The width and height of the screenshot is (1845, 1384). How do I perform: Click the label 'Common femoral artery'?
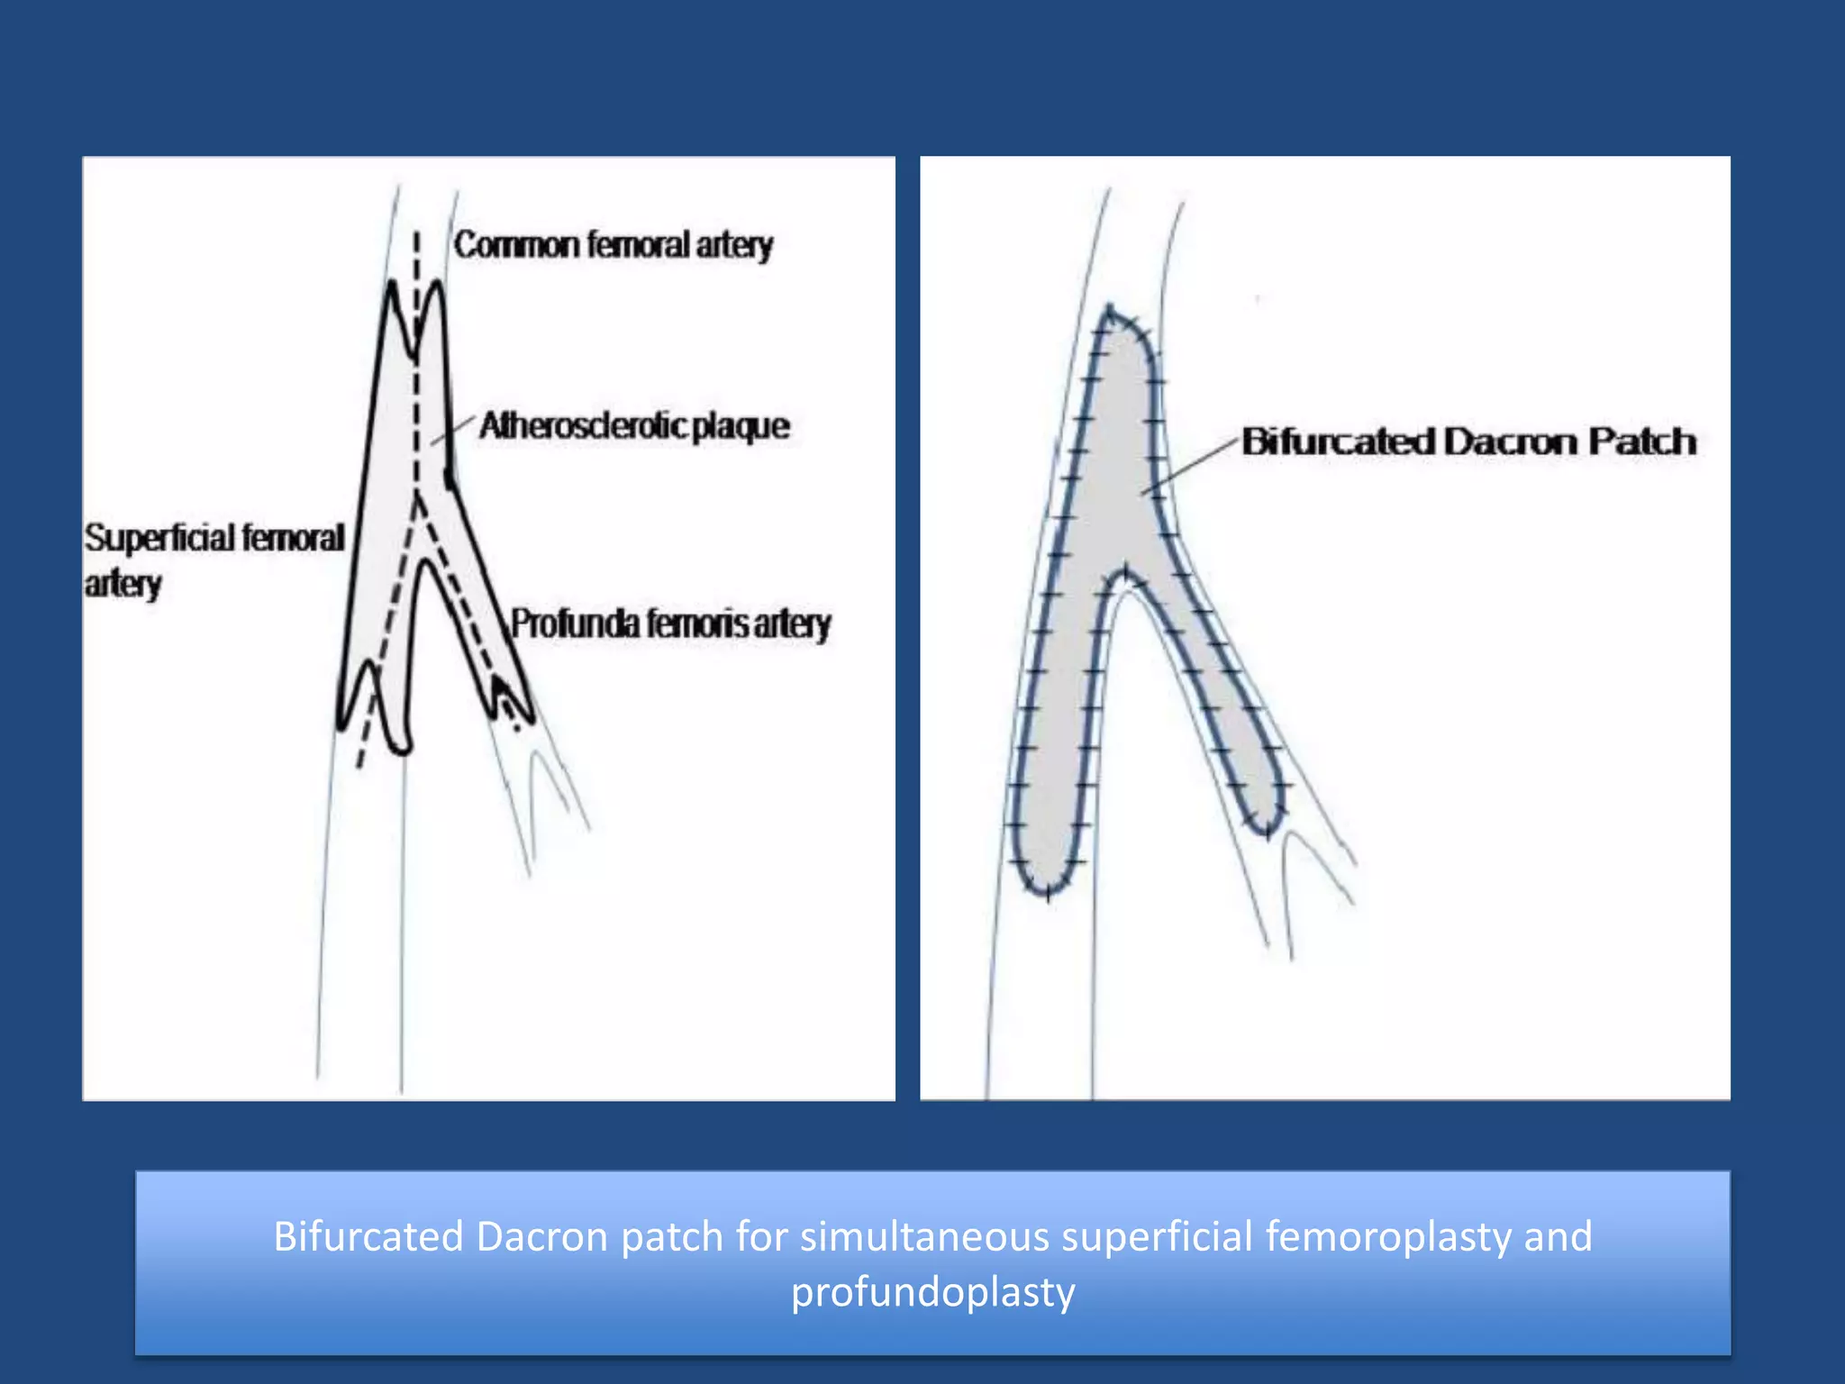click(613, 245)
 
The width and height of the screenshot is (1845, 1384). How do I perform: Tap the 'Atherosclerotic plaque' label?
click(634, 425)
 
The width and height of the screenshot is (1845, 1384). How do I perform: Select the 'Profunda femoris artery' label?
click(670, 624)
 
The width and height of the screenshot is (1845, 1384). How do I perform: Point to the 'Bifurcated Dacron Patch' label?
click(1468, 442)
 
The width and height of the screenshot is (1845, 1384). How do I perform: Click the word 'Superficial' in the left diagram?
click(161, 538)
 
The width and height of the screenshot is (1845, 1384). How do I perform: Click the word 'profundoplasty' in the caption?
click(932, 1292)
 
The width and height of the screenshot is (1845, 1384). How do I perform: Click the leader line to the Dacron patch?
click(1189, 465)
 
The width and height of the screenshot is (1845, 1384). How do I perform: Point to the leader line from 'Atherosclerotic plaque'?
click(454, 431)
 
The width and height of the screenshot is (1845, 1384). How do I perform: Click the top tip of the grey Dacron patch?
click(1111, 310)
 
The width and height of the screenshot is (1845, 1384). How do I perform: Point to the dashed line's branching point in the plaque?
click(417, 496)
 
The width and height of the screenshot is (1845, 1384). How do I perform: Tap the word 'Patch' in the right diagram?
click(1641, 442)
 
